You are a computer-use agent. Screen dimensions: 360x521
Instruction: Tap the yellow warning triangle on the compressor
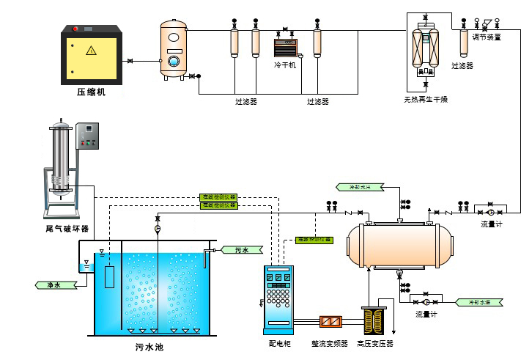(91, 51)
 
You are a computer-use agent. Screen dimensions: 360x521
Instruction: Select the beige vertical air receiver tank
(174, 49)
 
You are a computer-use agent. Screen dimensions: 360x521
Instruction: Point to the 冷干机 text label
(285, 65)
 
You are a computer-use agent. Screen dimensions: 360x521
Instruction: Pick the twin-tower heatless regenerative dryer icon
(426, 51)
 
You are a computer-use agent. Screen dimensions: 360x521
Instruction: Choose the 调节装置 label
(487, 37)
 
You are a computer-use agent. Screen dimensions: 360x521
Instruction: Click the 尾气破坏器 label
(67, 229)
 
